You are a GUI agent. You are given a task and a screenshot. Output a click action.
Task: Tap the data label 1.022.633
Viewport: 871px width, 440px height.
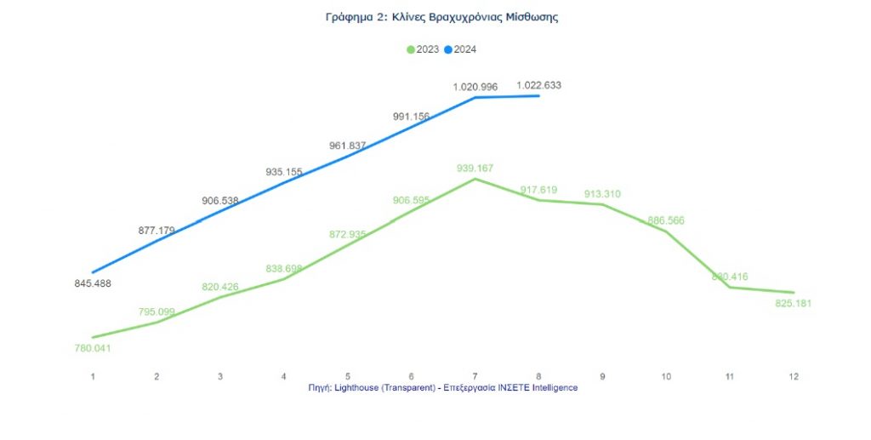(538, 85)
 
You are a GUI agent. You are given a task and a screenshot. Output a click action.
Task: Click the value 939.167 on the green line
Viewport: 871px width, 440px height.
(475, 168)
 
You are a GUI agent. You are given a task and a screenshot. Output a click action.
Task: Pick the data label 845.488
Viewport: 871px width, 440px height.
(93, 283)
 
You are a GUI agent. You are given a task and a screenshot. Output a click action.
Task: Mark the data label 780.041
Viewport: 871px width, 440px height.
(93, 348)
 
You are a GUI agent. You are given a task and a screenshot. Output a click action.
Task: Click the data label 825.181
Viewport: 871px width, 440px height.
(794, 303)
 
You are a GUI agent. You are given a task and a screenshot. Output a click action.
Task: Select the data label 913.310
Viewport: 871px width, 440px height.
(602, 194)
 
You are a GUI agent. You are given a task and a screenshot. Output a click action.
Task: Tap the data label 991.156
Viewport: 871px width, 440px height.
(412, 117)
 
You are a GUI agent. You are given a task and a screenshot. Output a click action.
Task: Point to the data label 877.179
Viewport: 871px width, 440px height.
(157, 230)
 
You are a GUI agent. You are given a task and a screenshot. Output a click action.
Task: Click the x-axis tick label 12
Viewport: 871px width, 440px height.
(794, 375)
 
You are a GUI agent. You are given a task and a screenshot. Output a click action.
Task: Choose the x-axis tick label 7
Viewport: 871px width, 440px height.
(475, 375)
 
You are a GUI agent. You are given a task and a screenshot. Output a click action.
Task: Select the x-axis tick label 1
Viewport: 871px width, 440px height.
(93, 375)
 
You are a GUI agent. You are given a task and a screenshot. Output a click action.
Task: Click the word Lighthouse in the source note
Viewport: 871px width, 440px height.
(361, 387)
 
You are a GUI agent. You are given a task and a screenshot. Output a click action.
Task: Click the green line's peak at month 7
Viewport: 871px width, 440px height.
(475, 180)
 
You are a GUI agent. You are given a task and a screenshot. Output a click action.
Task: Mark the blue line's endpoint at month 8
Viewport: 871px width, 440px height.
(538, 95)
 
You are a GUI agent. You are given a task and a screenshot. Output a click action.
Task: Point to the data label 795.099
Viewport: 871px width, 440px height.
(157, 312)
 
